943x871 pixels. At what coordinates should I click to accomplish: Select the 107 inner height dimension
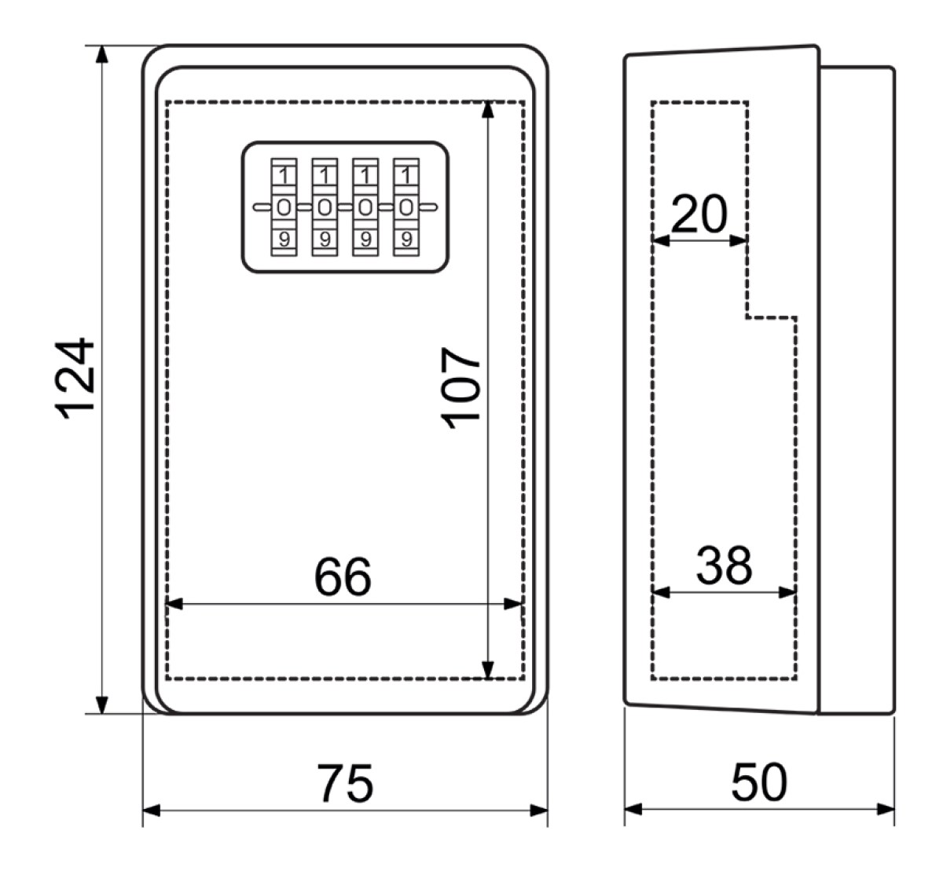pos(460,388)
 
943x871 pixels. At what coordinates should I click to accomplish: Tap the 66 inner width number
pos(343,576)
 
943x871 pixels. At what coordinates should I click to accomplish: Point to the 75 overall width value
pos(345,784)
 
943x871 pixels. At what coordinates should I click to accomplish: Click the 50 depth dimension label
pos(759,782)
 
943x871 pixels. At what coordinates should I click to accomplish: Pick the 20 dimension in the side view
pos(699,214)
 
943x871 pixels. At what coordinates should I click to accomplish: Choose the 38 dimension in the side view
pos(724,565)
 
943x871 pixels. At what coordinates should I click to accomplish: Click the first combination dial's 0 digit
pos(284,207)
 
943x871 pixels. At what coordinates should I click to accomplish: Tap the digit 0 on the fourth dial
pos(406,207)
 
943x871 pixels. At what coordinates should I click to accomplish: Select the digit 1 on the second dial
pos(325,176)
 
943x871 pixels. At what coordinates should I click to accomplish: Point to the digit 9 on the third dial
pos(365,240)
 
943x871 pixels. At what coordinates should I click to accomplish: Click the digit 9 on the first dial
pos(284,240)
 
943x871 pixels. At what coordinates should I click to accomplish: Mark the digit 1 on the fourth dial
pos(406,176)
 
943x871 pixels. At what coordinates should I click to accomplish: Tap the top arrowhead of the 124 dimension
pos(102,54)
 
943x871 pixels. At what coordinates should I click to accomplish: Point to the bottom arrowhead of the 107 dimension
pos(488,670)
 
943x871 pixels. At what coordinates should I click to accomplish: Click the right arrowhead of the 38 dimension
pos(788,592)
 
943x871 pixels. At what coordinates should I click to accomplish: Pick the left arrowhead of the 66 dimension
pos(174,604)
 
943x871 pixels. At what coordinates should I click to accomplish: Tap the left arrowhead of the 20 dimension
pos(661,240)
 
